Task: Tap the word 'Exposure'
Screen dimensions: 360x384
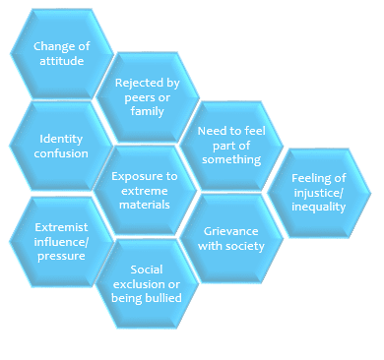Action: pos(144,176)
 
